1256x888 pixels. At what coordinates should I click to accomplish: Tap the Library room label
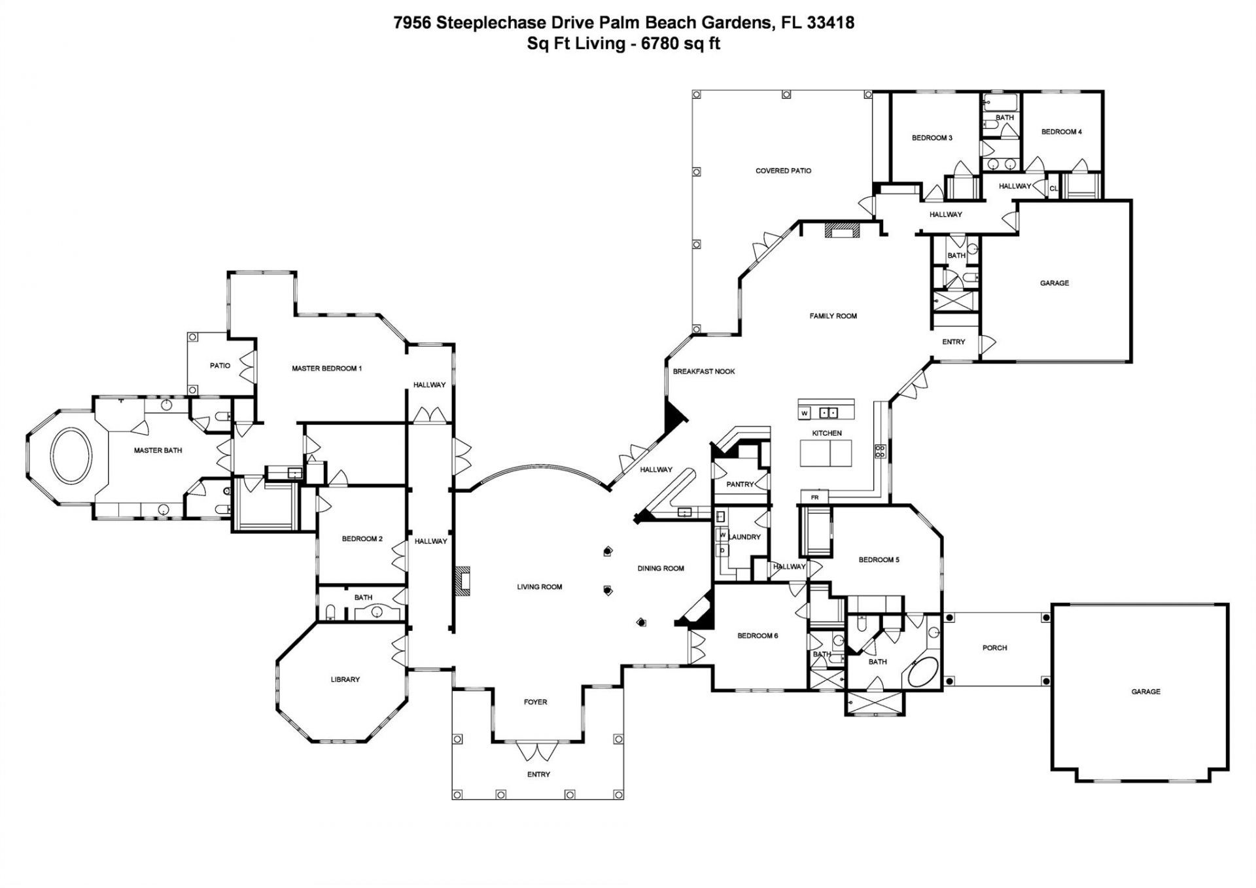coord(345,679)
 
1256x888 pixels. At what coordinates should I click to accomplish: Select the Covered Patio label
coord(783,171)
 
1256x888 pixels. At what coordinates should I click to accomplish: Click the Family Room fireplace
coord(842,230)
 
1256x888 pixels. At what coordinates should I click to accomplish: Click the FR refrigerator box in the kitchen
coord(814,497)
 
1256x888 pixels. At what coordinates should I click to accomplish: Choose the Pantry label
coord(740,484)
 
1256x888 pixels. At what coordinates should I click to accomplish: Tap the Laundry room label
coord(745,537)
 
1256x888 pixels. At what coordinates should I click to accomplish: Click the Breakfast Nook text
coord(704,371)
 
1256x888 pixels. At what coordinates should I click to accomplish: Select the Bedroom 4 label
coord(1061,132)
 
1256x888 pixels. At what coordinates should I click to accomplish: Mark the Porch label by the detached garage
coord(994,648)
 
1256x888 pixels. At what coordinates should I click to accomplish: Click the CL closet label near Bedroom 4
coord(1053,188)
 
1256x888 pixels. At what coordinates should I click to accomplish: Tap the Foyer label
coord(535,702)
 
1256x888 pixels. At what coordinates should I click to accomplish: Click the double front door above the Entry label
coord(538,750)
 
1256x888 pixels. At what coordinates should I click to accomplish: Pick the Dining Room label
coord(661,568)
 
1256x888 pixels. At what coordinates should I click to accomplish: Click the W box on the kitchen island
coord(805,413)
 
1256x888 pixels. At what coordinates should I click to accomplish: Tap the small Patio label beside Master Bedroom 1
coord(220,365)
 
